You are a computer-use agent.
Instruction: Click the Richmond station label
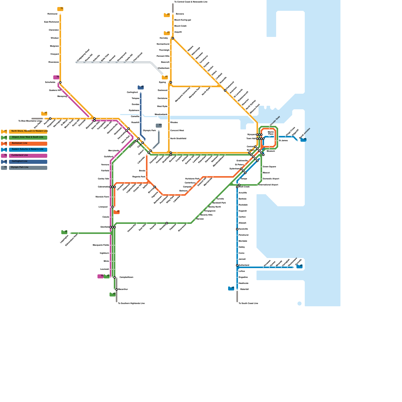click(52, 14)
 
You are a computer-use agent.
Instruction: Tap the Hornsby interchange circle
click(173, 38)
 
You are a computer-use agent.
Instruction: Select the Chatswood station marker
click(225, 90)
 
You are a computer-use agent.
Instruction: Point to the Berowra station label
click(180, 14)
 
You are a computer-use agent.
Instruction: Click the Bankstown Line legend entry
click(28, 143)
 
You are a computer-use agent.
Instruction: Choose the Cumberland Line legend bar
click(28, 156)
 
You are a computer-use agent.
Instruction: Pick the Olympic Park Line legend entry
click(28, 168)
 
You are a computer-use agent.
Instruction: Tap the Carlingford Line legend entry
click(28, 162)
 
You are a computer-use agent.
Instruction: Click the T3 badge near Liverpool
click(117, 212)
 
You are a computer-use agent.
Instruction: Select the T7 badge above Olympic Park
click(159, 125)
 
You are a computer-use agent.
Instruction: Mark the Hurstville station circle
click(237, 229)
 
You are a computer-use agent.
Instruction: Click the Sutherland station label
click(244, 265)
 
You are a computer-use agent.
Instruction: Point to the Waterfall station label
click(244, 289)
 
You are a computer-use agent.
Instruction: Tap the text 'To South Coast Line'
click(248, 304)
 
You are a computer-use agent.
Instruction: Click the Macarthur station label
click(123, 289)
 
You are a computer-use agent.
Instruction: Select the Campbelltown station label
click(126, 277)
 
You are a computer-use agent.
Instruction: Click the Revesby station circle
click(167, 223)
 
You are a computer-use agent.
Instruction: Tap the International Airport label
click(268, 185)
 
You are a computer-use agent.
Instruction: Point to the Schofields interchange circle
click(60, 82)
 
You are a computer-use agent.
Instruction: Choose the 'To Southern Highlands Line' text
click(131, 304)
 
